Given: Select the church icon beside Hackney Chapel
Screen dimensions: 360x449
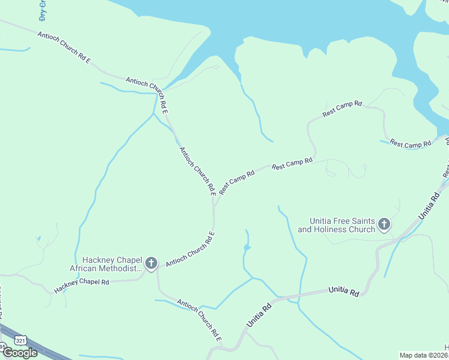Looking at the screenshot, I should coord(151,263).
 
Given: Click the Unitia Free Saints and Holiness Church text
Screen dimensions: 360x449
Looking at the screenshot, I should coord(336,225).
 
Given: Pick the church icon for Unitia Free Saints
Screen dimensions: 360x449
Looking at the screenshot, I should coord(384,225).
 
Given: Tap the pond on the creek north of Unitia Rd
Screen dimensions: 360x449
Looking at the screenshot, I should coord(247,247).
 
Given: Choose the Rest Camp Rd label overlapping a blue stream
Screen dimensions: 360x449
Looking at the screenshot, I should coord(411,144).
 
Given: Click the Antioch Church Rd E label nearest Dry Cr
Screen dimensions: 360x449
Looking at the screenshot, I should coord(64,47).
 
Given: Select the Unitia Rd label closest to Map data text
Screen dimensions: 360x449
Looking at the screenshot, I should coord(344,292).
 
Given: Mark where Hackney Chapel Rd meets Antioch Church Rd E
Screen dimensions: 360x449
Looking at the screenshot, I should coord(157,271).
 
